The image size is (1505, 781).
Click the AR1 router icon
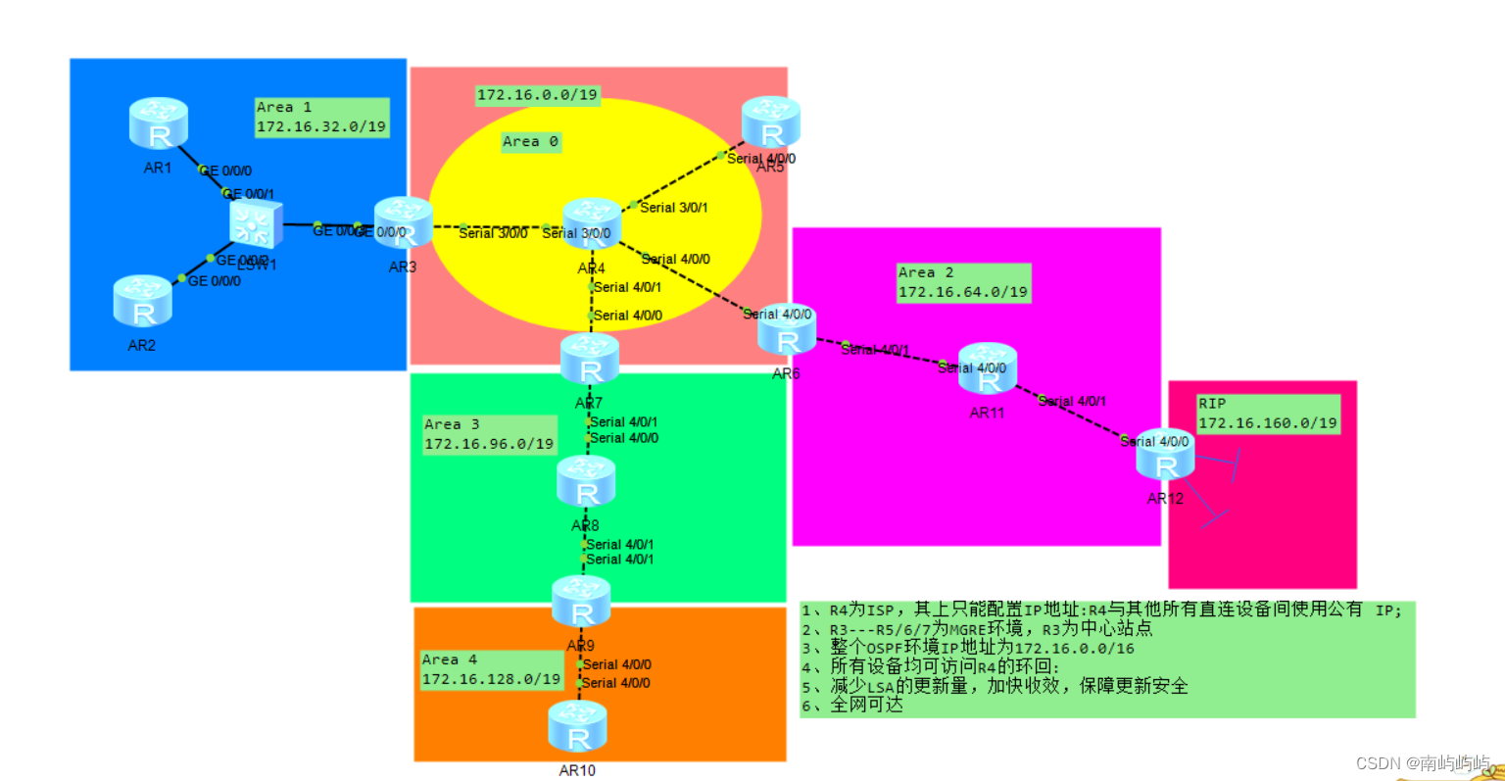(158, 123)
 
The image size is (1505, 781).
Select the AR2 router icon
(142, 301)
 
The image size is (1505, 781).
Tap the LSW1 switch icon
(256, 223)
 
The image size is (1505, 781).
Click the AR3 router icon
(403, 222)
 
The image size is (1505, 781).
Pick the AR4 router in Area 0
(592, 223)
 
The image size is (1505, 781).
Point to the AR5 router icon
(771, 122)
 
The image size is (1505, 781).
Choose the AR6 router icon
(787, 330)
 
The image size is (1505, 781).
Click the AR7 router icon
(590, 359)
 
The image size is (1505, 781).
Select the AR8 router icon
(586, 481)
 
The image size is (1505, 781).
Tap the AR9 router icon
(581, 602)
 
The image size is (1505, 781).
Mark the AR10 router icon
(577, 727)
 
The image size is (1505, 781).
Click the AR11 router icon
(988, 368)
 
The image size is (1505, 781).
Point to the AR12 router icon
(1165, 455)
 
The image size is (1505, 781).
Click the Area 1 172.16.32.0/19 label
(321, 118)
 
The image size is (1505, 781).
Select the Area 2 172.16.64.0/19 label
(963, 282)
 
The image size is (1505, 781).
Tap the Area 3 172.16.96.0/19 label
(489, 434)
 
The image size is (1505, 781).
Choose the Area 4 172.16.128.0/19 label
(491, 669)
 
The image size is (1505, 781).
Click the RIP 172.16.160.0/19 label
(1268, 414)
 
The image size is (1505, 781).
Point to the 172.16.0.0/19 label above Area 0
(537, 95)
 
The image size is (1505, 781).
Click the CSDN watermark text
(1422, 763)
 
